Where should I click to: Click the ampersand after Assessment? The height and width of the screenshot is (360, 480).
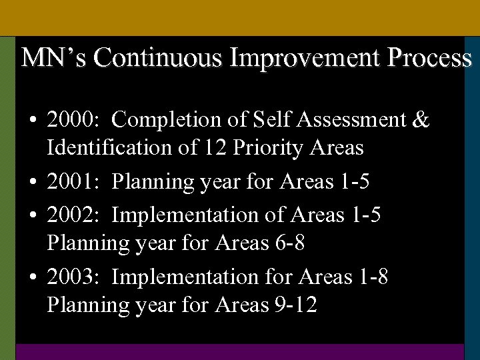(421, 120)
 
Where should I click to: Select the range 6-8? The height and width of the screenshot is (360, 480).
(290, 243)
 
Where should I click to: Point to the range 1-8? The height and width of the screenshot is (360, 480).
(373, 276)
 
